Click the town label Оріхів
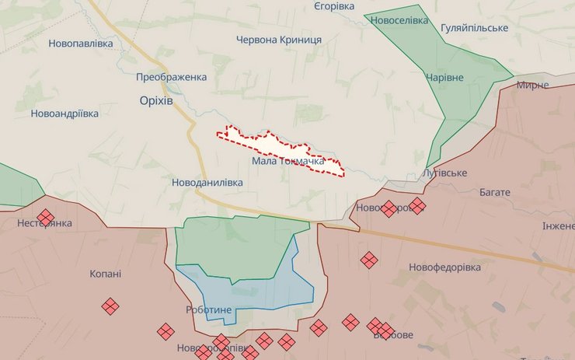click(156, 103)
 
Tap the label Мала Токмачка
click(287, 161)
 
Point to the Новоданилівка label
click(207, 182)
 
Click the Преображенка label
click(171, 77)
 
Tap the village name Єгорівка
click(334, 6)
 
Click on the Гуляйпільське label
click(474, 28)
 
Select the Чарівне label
click(444, 78)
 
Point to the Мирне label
click(532, 85)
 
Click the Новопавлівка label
click(80, 44)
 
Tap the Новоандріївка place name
click(64, 114)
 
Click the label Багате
click(495, 192)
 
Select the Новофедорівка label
click(444, 267)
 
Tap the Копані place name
click(105, 274)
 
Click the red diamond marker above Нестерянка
click(46, 216)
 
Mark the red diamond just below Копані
click(110, 306)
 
